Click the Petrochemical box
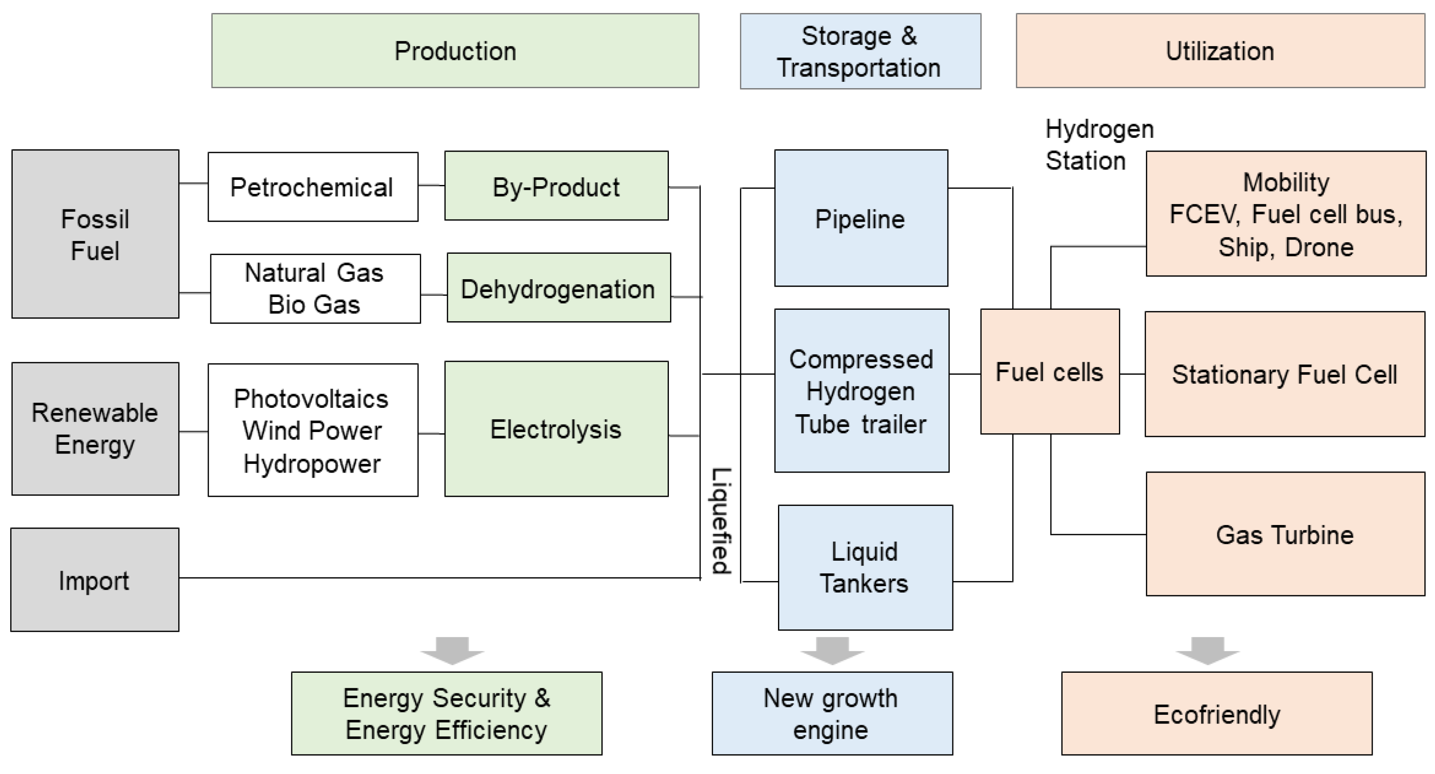[312, 187]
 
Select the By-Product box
[556, 186]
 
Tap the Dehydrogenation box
[558, 288]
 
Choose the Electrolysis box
[556, 428]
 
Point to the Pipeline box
[861, 218]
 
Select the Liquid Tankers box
[865, 567]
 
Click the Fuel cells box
[1050, 372]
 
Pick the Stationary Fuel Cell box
[1285, 374]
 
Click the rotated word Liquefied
[721, 521]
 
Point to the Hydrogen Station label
[1098, 144]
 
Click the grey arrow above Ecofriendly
[1207, 650]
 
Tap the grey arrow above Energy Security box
[452, 650]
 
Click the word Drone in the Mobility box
[1319, 247]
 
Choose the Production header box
[455, 51]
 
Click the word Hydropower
[312, 463]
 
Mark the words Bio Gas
[314, 304]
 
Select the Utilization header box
[1220, 51]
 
